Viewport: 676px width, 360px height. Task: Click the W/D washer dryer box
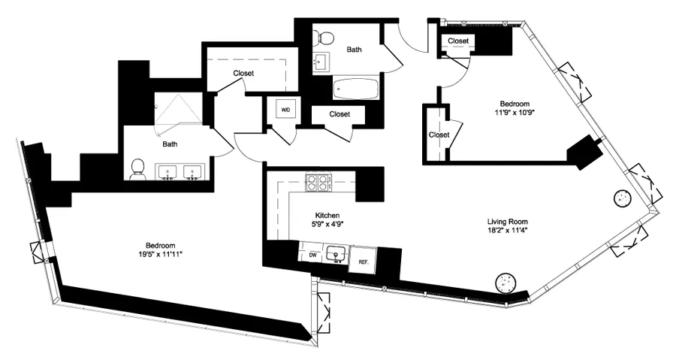pos(285,110)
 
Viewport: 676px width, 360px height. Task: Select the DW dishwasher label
pos(312,256)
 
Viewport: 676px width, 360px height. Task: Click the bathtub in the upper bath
pos(357,89)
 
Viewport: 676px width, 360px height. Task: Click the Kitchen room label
pos(329,213)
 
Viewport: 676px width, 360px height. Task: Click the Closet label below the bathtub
pos(340,114)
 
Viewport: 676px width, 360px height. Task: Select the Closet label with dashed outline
pos(243,73)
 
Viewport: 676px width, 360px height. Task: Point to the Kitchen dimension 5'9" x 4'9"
pos(329,223)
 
